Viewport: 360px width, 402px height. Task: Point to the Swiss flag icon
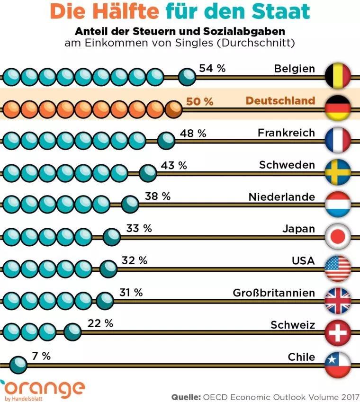(x=338, y=332)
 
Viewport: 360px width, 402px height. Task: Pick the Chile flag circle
(x=338, y=363)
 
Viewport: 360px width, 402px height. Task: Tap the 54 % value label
(x=212, y=68)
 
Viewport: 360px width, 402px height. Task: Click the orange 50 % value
(x=199, y=101)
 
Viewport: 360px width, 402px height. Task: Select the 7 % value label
(x=41, y=356)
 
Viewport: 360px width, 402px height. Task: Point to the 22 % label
(x=100, y=324)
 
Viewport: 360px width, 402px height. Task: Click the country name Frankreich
(x=286, y=133)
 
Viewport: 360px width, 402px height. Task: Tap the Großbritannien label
(x=273, y=293)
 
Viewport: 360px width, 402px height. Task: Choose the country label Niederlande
(x=281, y=197)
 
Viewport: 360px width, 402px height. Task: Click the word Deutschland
(x=280, y=101)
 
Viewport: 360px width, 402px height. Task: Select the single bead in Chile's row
(x=19, y=364)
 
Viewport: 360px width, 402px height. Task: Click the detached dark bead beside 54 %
(x=188, y=76)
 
